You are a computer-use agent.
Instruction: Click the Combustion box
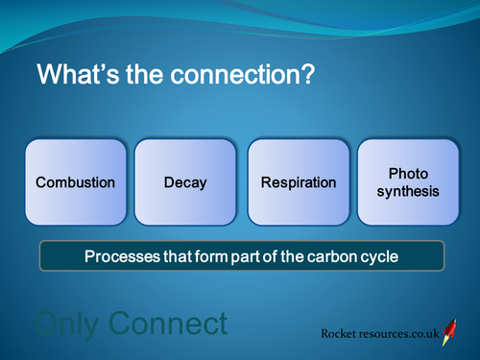click(x=76, y=182)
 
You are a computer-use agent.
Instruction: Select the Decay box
click(x=185, y=182)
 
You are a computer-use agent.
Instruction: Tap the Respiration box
click(x=299, y=182)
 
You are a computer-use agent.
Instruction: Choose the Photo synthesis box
click(x=408, y=182)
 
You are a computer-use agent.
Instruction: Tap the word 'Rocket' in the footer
click(x=344, y=334)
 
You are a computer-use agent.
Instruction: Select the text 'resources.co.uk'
click(x=402, y=334)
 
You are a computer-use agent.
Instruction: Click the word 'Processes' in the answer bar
click(x=119, y=257)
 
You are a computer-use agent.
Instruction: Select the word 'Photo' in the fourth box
click(x=408, y=174)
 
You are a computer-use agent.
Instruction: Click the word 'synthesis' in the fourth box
click(x=408, y=191)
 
